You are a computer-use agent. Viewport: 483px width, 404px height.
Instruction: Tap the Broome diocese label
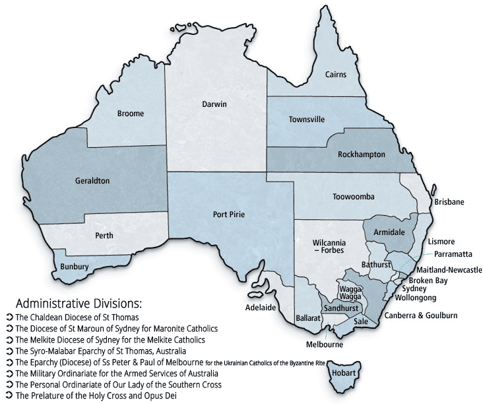[131, 114]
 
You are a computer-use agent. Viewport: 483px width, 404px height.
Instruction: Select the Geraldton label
[92, 180]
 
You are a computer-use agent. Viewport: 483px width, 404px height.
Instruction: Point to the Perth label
[104, 236]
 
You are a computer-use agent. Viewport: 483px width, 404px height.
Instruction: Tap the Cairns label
[336, 75]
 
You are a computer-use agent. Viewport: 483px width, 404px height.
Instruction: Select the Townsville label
[307, 119]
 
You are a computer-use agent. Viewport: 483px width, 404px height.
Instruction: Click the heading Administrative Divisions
[78, 304]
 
